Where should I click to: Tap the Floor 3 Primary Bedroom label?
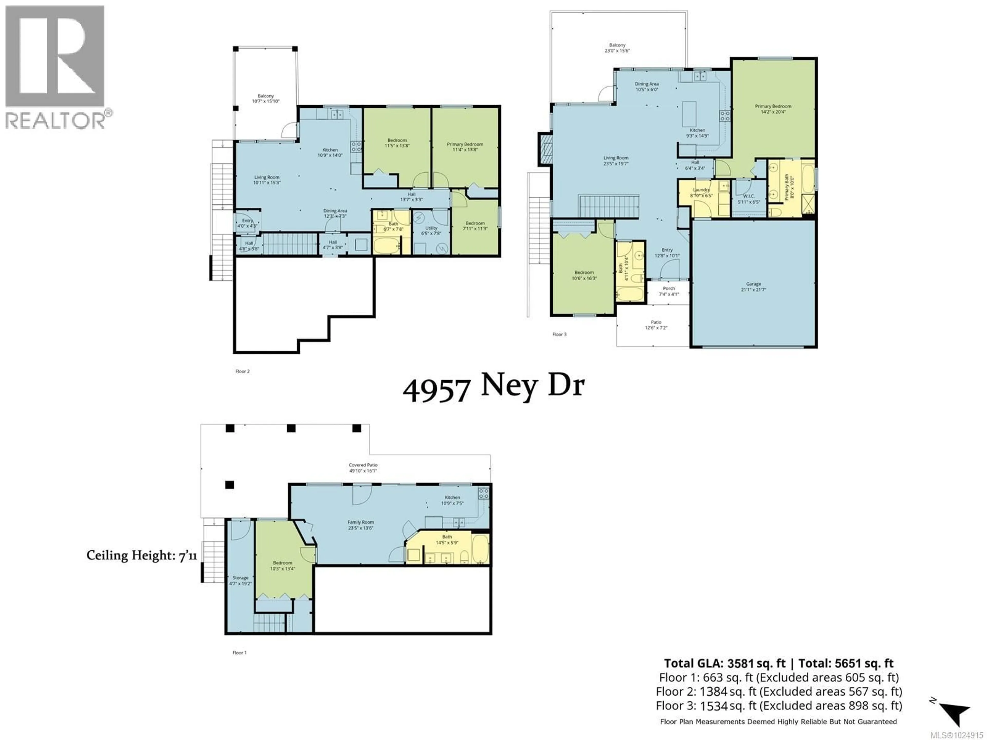pyautogui.click(x=773, y=109)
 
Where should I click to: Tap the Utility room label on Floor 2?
pyautogui.click(x=431, y=230)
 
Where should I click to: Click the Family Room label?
pyautogui.click(x=361, y=525)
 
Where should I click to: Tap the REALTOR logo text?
pyautogui.click(x=56, y=121)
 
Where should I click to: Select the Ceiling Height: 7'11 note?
pyautogui.click(x=141, y=555)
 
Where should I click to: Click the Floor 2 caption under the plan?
pyautogui.click(x=242, y=371)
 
